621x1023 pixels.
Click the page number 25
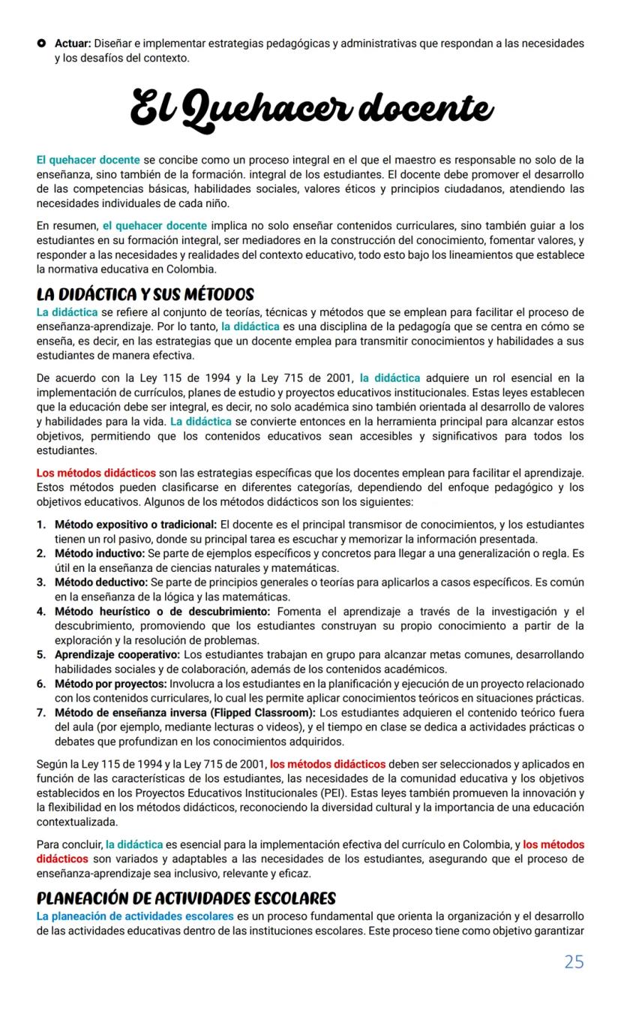click(574, 961)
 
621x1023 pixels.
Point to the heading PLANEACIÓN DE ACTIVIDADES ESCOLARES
click(186, 898)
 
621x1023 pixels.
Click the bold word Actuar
click(73, 44)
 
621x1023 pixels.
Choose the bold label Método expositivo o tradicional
click(136, 524)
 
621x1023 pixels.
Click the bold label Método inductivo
click(100, 553)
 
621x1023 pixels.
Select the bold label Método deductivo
click(102, 582)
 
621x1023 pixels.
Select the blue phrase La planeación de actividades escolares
click(134, 916)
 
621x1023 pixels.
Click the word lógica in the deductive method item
click(178, 597)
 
